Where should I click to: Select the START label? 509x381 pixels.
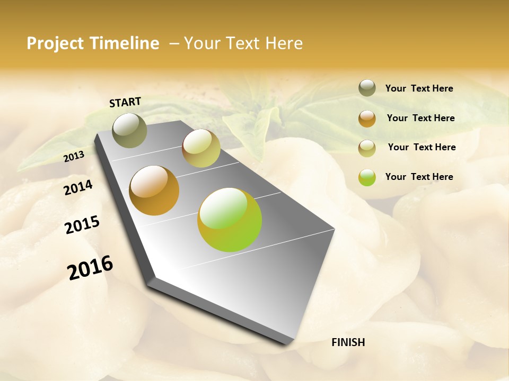coord(125,102)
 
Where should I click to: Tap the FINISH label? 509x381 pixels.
coord(348,342)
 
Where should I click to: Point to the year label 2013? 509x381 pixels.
coord(74,156)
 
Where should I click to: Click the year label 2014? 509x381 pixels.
coord(78,187)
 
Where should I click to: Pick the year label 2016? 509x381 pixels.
coord(90,268)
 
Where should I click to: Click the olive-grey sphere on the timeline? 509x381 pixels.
coord(129,130)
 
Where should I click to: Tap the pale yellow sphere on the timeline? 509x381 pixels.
coord(201,148)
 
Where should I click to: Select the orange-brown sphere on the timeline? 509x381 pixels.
coord(154,190)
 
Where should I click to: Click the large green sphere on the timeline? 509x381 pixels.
coord(230,220)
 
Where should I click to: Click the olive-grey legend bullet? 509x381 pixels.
coord(367,88)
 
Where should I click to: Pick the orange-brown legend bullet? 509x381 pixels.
coord(367,118)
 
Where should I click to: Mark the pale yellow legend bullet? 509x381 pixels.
coord(367,148)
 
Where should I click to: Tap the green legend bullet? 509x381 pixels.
coord(367,177)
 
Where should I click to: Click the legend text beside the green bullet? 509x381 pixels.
coord(419,177)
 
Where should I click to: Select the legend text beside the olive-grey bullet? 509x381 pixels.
coord(419,88)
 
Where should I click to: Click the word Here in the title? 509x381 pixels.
coord(284,43)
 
